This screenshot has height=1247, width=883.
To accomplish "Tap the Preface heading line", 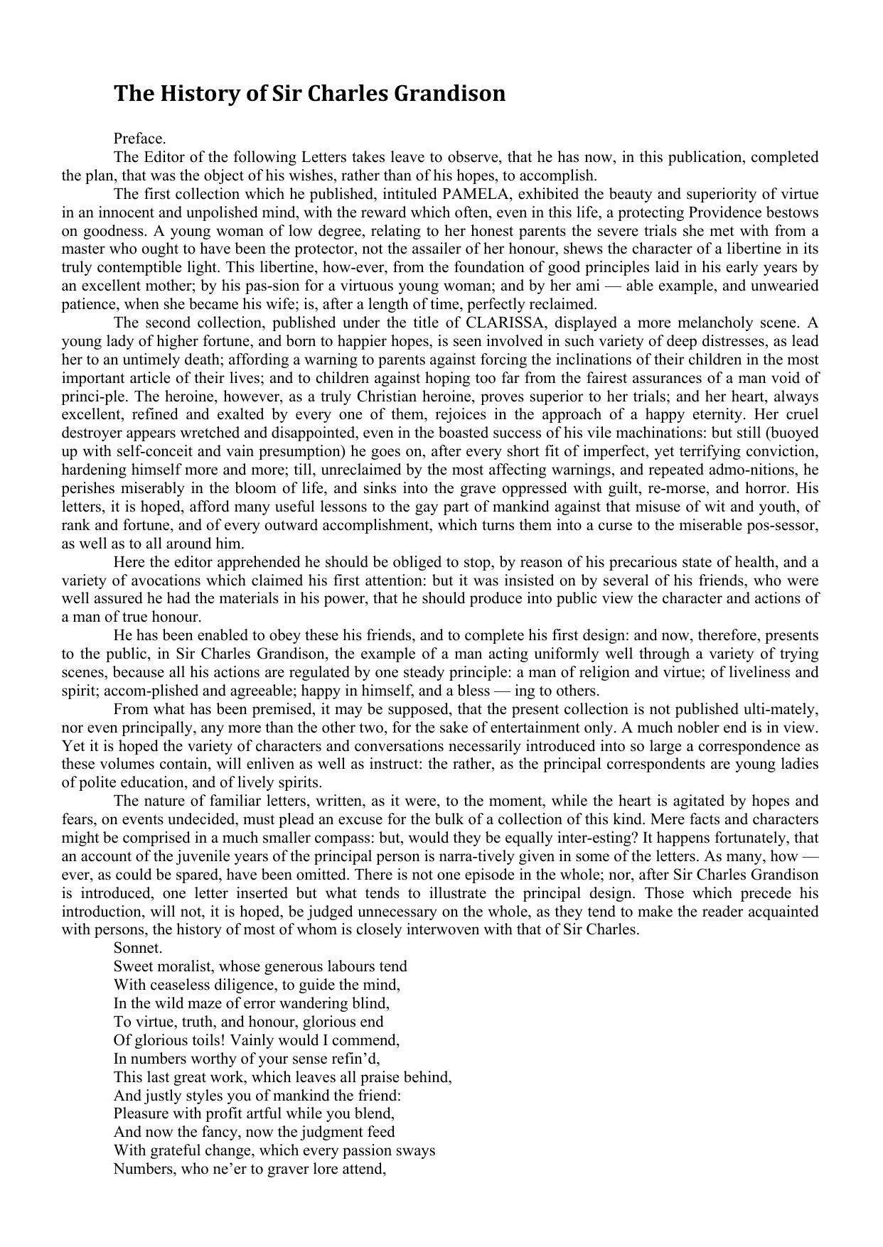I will coord(139,139).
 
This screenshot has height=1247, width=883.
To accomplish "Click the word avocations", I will coord(148,581).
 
